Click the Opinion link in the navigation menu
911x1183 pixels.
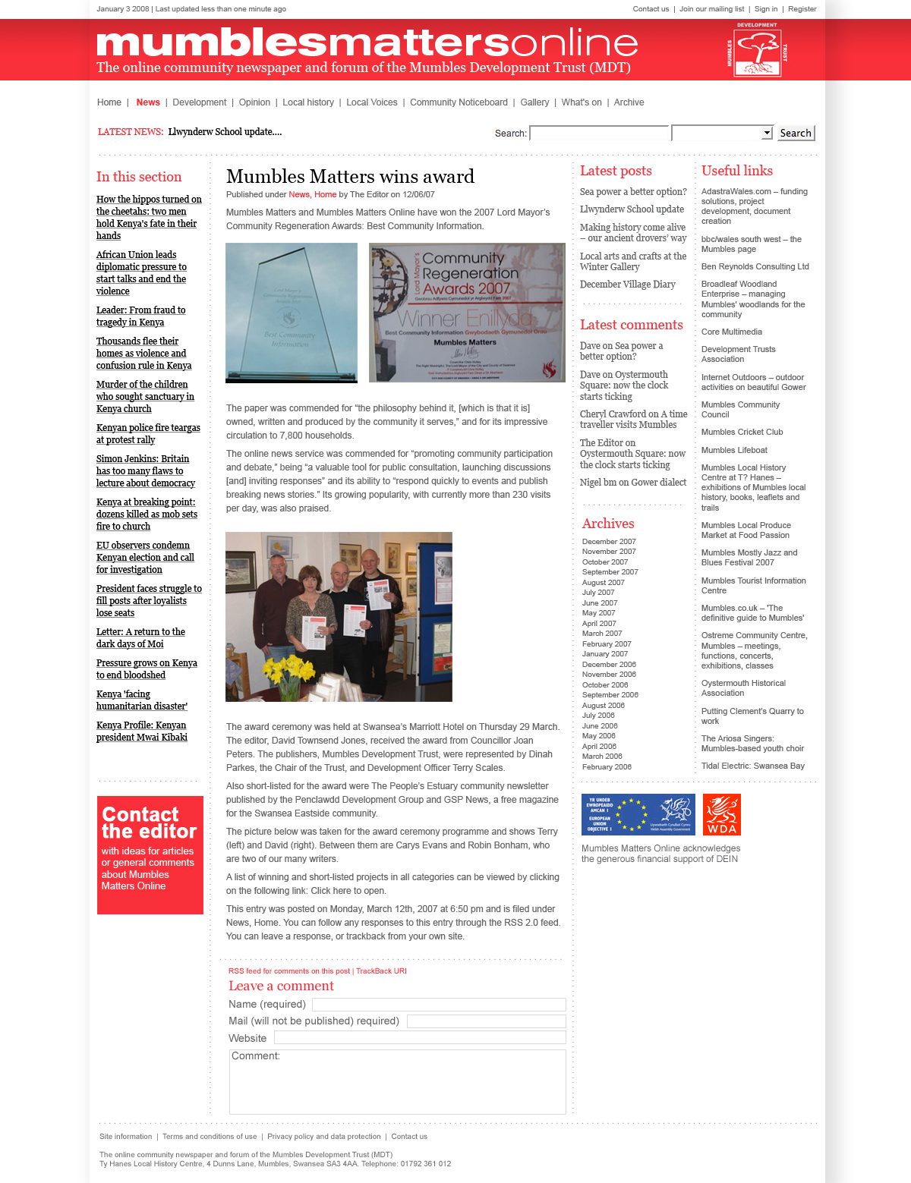[x=254, y=102]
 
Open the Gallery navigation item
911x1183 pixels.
[x=534, y=102]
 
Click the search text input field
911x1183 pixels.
[x=599, y=134]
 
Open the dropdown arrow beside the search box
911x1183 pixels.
[x=767, y=134]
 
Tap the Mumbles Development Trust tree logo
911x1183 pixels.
[x=758, y=51]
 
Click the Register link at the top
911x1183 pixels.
[x=802, y=9]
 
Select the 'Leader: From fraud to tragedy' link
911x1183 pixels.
[x=140, y=316]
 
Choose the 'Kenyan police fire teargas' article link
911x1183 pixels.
[x=148, y=434]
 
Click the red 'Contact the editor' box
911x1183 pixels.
[x=150, y=854]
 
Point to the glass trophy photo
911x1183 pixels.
[x=292, y=313]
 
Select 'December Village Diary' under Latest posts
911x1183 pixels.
[x=627, y=285]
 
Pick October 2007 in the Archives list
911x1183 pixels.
[x=604, y=562]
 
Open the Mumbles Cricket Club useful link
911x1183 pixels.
[x=742, y=433]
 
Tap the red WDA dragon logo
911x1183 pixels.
[x=721, y=814]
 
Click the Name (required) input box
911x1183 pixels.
[x=439, y=1005]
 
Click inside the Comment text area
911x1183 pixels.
[x=398, y=1085]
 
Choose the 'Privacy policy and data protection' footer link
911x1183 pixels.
[x=324, y=1137]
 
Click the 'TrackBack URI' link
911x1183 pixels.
[x=381, y=971]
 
